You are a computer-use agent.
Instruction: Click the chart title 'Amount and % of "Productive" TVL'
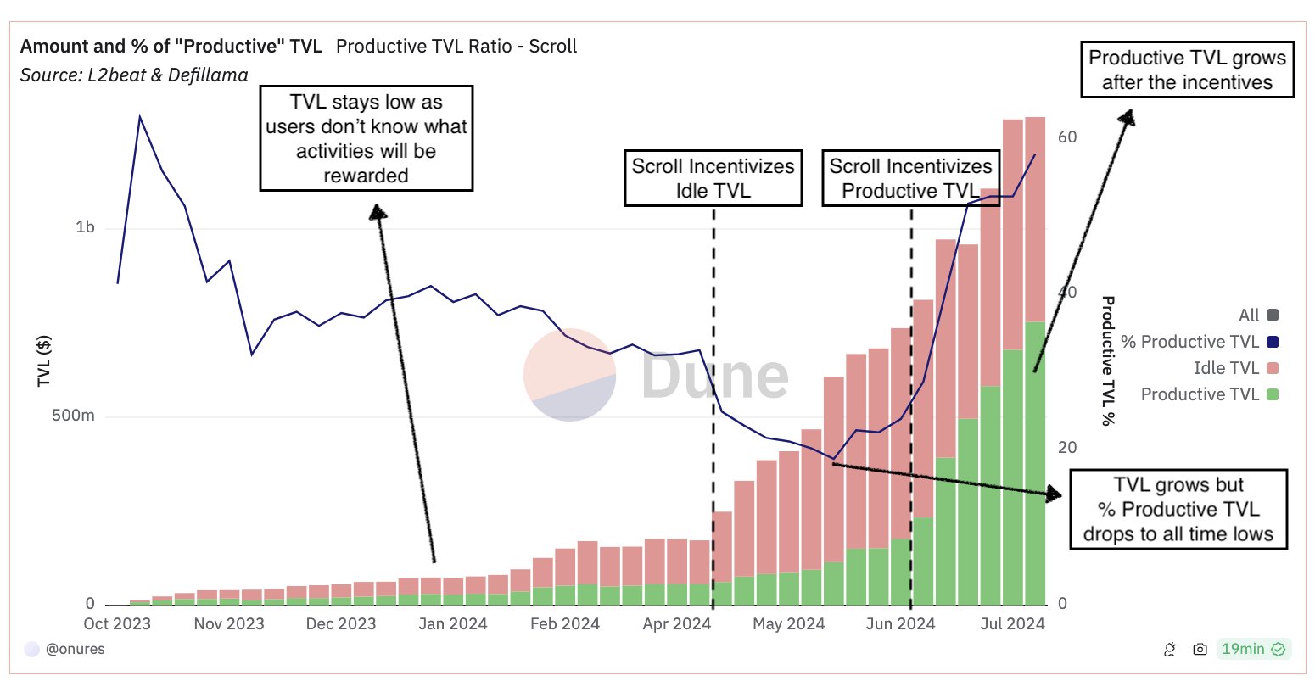click(171, 47)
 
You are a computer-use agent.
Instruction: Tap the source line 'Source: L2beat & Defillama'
click(134, 75)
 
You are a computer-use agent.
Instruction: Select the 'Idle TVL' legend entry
click(1226, 368)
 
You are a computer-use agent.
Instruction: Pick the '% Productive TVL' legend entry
click(1189, 342)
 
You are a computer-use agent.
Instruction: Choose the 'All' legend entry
click(1249, 316)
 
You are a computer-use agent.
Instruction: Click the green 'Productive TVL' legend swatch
click(1272, 394)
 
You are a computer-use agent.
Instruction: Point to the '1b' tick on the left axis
click(85, 227)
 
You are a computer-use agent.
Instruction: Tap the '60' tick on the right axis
click(1066, 137)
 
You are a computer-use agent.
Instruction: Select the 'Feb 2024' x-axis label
click(564, 624)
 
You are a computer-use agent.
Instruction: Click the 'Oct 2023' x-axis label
click(117, 624)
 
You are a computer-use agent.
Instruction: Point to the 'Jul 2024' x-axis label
click(1012, 624)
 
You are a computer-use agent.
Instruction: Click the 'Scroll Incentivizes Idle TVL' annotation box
click(713, 178)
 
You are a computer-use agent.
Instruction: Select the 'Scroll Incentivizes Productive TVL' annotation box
click(910, 178)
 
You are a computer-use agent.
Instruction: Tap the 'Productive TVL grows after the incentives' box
click(1187, 70)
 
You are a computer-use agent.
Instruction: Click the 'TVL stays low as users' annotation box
click(366, 138)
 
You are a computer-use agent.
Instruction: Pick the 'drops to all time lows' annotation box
click(1178, 510)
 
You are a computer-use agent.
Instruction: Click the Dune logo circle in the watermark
click(569, 375)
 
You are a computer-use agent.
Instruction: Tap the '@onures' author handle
click(75, 650)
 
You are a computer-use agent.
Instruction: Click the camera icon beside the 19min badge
click(1200, 650)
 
